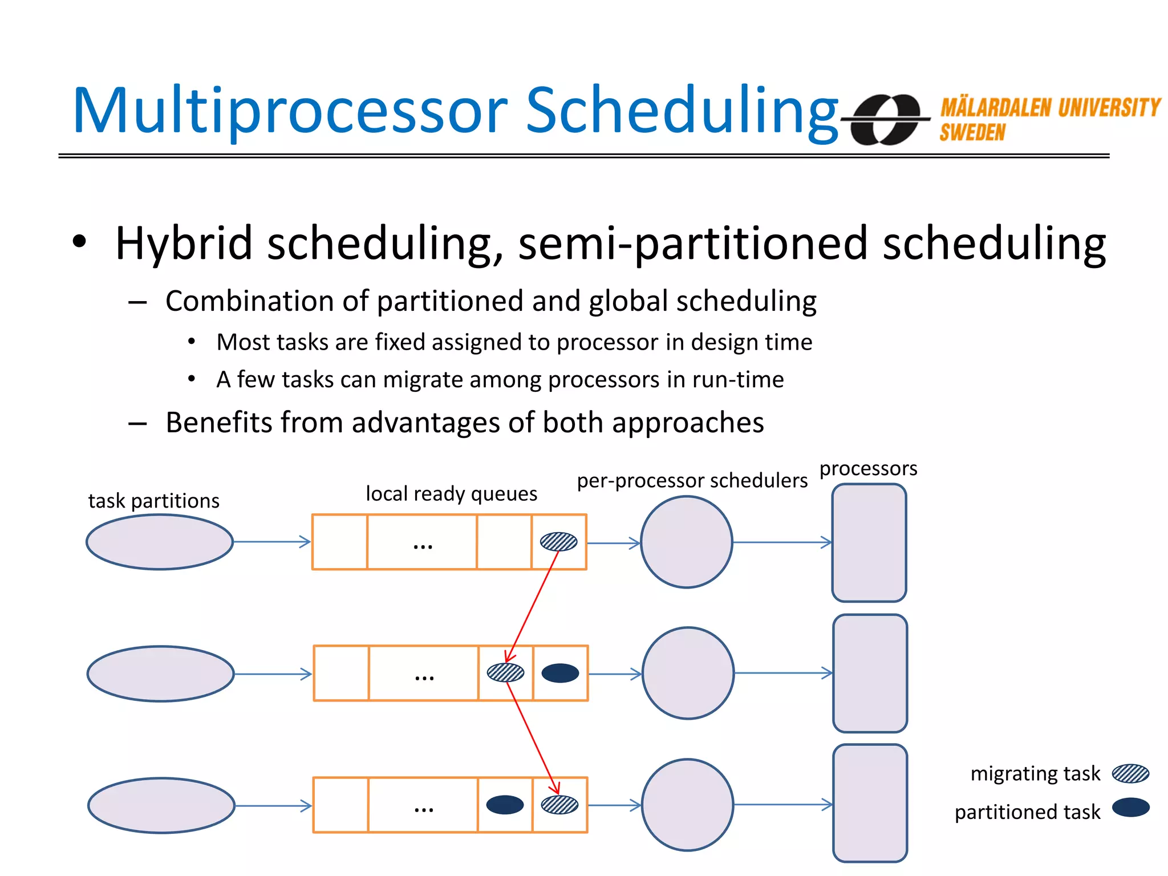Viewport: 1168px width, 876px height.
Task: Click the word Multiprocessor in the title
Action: [290, 111]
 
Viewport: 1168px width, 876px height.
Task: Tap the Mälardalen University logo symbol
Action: [886, 119]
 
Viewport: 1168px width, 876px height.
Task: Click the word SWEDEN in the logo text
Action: [972, 133]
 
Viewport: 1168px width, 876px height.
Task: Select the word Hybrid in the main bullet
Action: [184, 244]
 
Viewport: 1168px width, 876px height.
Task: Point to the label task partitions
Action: [153, 501]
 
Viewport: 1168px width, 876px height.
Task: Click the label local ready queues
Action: [451, 493]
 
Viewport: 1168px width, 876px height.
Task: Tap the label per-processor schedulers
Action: [692, 480]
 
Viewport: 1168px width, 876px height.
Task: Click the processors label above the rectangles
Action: [868, 468]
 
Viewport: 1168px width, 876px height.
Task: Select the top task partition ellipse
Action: [160, 542]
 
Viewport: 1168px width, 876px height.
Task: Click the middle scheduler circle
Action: [688, 673]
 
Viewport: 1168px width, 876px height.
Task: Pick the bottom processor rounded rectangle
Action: [870, 803]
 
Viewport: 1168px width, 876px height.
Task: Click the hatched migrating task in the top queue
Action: [558, 541]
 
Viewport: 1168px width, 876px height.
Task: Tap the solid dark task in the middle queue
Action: [560, 673]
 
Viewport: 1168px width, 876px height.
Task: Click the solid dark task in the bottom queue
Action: [505, 805]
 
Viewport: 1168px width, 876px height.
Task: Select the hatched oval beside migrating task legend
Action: [1130, 773]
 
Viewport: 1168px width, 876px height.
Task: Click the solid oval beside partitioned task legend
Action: [1130, 808]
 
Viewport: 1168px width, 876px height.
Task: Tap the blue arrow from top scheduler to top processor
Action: [781, 542]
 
